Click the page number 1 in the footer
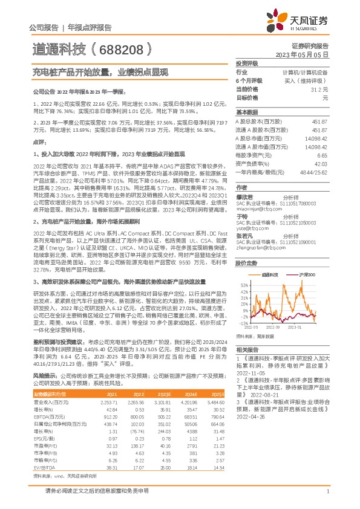pyautogui.click(x=327, y=491)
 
